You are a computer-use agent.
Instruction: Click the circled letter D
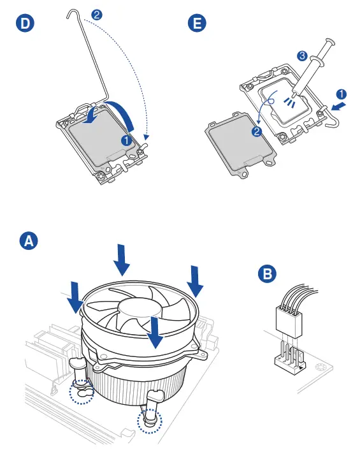click(25, 23)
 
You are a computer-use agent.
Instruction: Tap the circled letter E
click(197, 23)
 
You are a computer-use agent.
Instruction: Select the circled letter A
click(29, 241)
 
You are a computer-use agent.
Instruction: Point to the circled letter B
click(267, 274)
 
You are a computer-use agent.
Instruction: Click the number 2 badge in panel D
click(97, 15)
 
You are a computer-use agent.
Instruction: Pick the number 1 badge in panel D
click(126, 140)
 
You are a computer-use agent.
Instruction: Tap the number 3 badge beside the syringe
click(302, 55)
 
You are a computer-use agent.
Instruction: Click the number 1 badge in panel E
click(341, 94)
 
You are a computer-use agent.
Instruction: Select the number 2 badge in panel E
click(257, 131)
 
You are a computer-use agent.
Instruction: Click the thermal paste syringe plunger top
click(331, 41)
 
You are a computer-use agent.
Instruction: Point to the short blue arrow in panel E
click(339, 106)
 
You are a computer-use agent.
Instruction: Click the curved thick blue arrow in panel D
click(112, 113)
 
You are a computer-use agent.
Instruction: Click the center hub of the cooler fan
click(140, 307)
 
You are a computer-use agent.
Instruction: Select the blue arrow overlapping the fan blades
click(155, 333)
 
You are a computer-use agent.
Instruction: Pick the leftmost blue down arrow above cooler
click(75, 297)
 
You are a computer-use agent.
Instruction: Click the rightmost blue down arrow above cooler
click(195, 281)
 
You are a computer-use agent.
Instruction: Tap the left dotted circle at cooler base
click(82, 391)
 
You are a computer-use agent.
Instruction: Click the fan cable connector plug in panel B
click(289, 321)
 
